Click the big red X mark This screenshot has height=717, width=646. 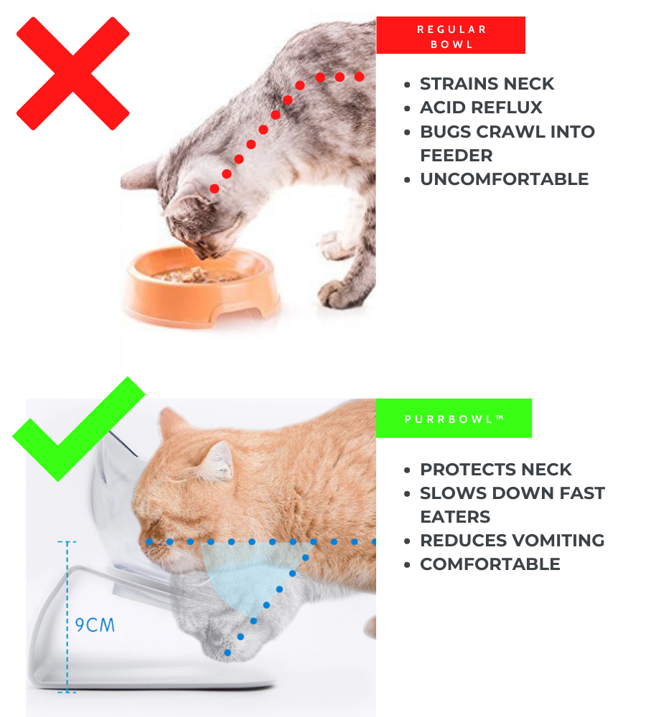pyautogui.click(x=72, y=74)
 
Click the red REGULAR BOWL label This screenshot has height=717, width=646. pyautogui.click(x=451, y=35)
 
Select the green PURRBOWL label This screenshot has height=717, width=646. pyautogui.click(x=454, y=419)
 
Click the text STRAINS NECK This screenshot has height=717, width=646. pyautogui.click(x=487, y=84)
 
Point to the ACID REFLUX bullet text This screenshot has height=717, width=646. pyautogui.click(x=481, y=108)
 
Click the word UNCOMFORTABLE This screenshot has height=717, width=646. pyautogui.click(x=504, y=179)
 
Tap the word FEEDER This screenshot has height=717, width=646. pyautogui.click(x=456, y=156)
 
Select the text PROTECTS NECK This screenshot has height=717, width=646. pyautogui.click(x=496, y=470)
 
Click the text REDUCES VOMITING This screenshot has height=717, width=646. pyautogui.click(x=512, y=541)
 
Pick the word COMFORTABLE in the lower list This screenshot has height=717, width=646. pyautogui.click(x=490, y=564)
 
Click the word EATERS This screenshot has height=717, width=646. pyautogui.click(x=455, y=517)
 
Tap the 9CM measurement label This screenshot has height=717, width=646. pyautogui.click(x=95, y=625)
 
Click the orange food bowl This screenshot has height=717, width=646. pyautogui.click(x=202, y=288)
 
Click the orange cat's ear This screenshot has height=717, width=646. pyautogui.click(x=217, y=462)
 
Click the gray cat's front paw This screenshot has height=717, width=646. pyautogui.click(x=338, y=294)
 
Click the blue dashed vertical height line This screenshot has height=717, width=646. pyautogui.click(x=67, y=617)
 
